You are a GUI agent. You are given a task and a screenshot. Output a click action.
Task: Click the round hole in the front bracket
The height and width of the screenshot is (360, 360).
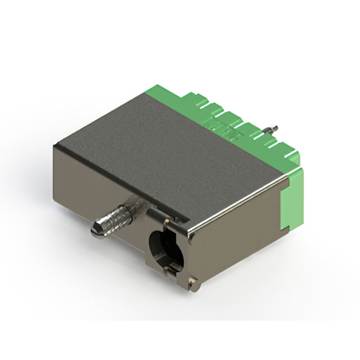163,245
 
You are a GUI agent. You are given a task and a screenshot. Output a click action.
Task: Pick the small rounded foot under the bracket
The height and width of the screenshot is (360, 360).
195,286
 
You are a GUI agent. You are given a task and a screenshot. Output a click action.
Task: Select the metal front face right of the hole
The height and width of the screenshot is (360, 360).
236,236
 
